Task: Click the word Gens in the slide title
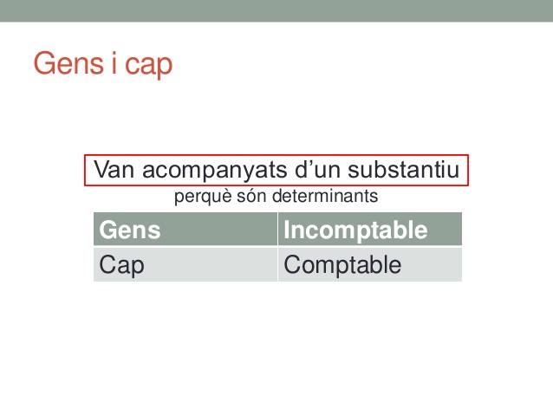pyautogui.click(x=68, y=63)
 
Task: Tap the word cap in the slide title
pyautogui.click(x=149, y=67)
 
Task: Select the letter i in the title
pyautogui.click(x=114, y=63)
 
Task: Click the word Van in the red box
pyautogui.click(x=114, y=169)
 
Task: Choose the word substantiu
pyautogui.click(x=403, y=169)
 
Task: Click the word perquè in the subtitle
pyautogui.click(x=203, y=197)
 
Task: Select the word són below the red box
pyautogui.click(x=251, y=196)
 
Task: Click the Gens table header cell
pyautogui.click(x=185, y=230)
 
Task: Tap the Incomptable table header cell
pyautogui.click(x=370, y=230)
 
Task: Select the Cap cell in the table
pyautogui.click(x=185, y=264)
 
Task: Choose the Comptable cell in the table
pyautogui.click(x=370, y=264)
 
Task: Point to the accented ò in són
pyautogui.click(x=251, y=196)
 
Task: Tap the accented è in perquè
pyautogui.click(x=225, y=196)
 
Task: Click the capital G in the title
pyautogui.click(x=43, y=63)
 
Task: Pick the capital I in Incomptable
pyautogui.click(x=286, y=230)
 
